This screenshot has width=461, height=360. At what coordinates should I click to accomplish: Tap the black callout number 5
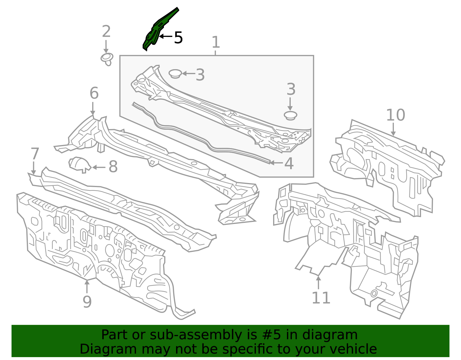178,38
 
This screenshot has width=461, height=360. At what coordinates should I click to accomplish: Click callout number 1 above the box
216,42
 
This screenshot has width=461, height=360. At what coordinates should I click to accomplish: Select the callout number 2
106,32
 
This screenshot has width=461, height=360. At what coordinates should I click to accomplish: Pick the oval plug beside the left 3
175,73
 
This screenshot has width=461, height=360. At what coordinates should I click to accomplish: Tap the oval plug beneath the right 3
290,115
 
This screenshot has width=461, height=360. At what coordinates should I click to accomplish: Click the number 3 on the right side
291,89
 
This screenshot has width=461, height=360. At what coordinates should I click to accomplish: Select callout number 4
289,163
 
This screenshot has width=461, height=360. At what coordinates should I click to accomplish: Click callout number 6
94,93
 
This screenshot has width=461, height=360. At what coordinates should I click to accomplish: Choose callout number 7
35,154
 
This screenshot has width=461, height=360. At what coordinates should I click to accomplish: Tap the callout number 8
113,167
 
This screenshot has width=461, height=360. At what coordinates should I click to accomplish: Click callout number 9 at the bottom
87,302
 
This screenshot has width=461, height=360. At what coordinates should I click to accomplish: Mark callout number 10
395,115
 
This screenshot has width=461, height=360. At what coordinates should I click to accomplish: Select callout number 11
321,298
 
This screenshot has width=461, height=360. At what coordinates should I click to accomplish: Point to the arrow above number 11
318,282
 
